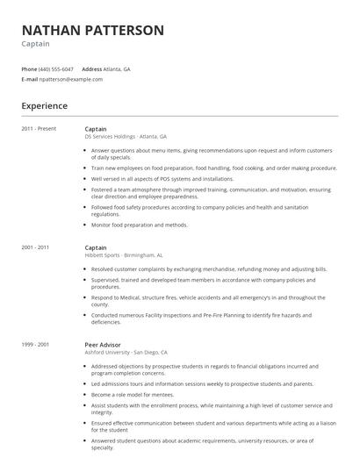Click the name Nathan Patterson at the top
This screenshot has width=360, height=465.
pos(92,30)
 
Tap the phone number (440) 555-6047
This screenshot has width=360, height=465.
pos(57,68)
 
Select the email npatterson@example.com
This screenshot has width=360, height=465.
pos(71,79)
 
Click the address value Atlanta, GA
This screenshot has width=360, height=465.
pos(118,68)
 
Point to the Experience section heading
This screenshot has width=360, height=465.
pos(44,105)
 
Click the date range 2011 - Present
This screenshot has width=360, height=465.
pos(39,128)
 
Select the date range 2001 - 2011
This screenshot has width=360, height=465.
pos(37,247)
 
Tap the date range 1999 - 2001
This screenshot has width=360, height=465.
pos(37,345)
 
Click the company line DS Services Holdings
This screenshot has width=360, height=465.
pos(125,137)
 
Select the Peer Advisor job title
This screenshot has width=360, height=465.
pos(103,345)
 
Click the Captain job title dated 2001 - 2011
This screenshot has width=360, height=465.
pos(96,247)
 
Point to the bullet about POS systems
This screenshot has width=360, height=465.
pos(162,178)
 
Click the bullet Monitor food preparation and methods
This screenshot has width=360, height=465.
pos(140,225)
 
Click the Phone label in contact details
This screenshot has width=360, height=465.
pos(29,68)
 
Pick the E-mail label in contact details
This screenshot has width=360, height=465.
pos(29,79)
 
